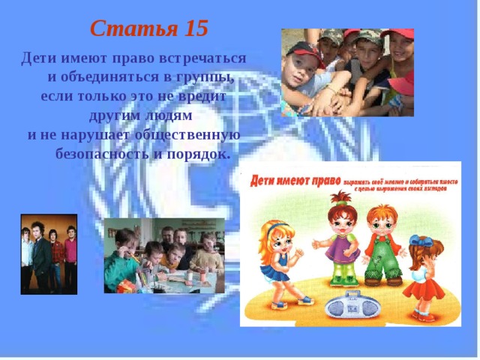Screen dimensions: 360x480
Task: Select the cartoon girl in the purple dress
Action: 340,240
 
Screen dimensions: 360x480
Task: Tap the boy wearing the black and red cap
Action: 300,64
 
